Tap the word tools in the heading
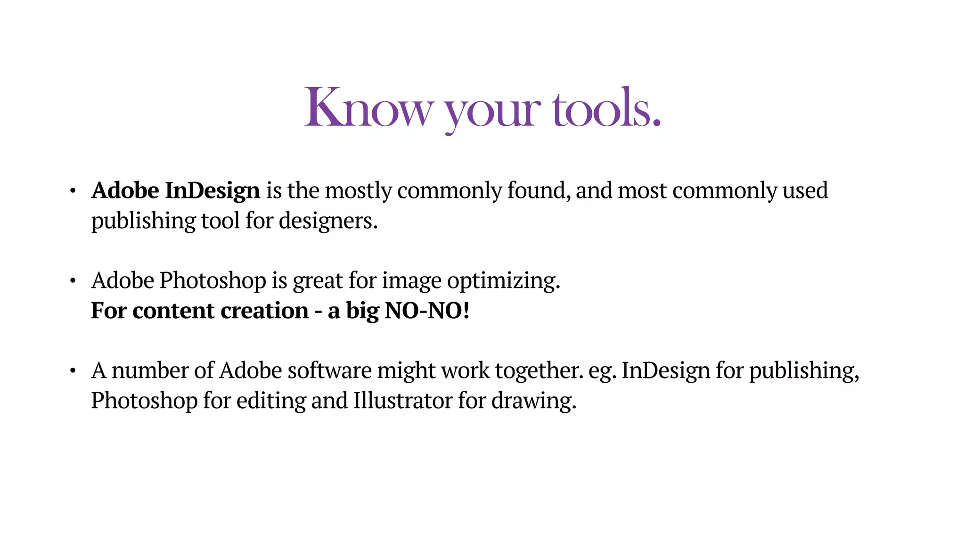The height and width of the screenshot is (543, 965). pyautogui.click(x=607, y=108)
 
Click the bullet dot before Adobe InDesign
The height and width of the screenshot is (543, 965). pyautogui.click(x=73, y=191)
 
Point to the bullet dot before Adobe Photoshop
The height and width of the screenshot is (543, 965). pyautogui.click(x=73, y=281)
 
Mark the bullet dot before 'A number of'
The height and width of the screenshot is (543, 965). pyautogui.click(x=73, y=371)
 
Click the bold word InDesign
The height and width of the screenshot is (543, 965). pyautogui.click(x=212, y=191)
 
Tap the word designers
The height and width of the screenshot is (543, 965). pyautogui.click(x=328, y=221)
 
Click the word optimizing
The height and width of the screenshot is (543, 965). pyautogui.click(x=503, y=281)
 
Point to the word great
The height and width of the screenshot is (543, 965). pyautogui.click(x=318, y=281)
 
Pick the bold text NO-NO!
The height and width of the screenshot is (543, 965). pyautogui.click(x=427, y=311)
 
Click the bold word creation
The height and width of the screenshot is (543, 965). pyautogui.click(x=264, y=311)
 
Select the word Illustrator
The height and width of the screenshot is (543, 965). pyautogui.click(x=403, y=401)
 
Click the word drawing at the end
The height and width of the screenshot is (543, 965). pyautogui.click(x=533, y=401)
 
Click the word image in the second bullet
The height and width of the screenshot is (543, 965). pyautogui.click(x=412, y=281)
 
